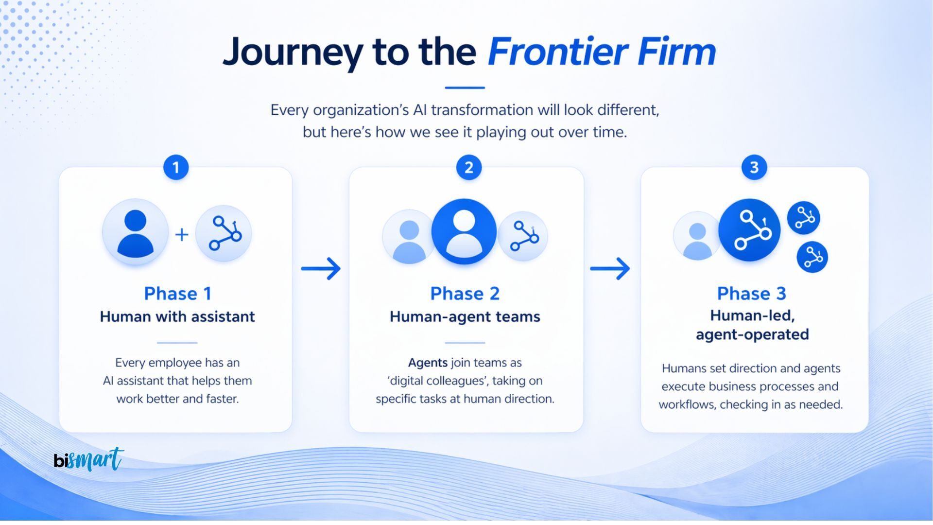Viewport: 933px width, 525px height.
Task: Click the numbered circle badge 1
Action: coord(176,168)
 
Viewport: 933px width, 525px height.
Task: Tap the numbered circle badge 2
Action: coord(468,168)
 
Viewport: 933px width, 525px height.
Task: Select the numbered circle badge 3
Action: coord(754,168)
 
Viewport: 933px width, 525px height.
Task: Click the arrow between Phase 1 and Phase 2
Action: coord(321,268)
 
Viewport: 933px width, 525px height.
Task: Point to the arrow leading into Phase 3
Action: coord(610,268)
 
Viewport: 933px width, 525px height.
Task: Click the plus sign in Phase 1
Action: coord(182,235)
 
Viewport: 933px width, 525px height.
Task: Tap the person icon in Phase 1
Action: coord(135,232)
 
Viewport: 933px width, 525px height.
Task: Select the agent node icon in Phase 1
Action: coord(224,233)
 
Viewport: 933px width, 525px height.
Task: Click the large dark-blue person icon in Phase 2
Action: coord(464,231)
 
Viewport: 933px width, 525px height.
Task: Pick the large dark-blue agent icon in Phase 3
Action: coord(749,230)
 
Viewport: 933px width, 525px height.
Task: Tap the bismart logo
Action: coord(88,459)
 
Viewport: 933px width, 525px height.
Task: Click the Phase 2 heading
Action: coord(465,294)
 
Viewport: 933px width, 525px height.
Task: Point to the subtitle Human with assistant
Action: coord(177,317)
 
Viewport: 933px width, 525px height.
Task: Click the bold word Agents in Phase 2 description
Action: coord(428,363)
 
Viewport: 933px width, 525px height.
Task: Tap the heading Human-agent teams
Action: coord(465,317)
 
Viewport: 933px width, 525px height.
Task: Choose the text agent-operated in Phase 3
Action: coord(752,335)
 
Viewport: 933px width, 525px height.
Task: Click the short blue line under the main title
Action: coord(465,88)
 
